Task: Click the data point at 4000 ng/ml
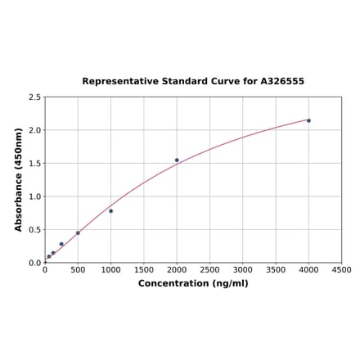[308, 120]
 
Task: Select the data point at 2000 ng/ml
[177, 160]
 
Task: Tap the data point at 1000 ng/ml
[110, 211]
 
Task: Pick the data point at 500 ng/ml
[78, 232]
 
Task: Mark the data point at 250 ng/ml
[61, 244]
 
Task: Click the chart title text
[193, 82]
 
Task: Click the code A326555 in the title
[282, 82]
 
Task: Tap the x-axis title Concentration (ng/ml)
[193, 283]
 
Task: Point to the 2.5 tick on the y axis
[35, 97]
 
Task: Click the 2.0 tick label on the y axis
[35, 130]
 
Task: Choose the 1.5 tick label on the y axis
[35, 164]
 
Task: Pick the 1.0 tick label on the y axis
[35, 196]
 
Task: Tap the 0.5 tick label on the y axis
[35, 230]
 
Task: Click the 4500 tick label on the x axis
[341, 270]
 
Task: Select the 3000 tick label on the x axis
[243, 270]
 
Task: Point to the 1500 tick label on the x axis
[144, 270]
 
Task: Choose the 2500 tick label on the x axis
[209, 270]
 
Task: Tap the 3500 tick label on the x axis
[276, 270]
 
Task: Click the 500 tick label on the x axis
[78, 270]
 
